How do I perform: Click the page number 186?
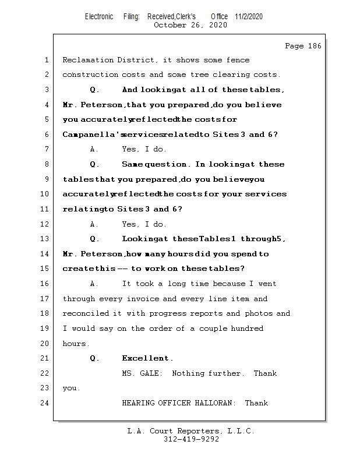click(314, 46)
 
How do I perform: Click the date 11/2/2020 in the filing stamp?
click(249, 17)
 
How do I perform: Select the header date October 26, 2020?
click(190, 25)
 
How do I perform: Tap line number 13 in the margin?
click(45, 239)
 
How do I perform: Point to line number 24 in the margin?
click(45, 403)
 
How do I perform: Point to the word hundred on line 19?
click(246, 329)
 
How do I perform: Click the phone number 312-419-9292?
click(191, 440)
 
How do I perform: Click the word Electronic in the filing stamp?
click(99, 17)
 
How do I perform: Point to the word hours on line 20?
click(75, 344)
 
